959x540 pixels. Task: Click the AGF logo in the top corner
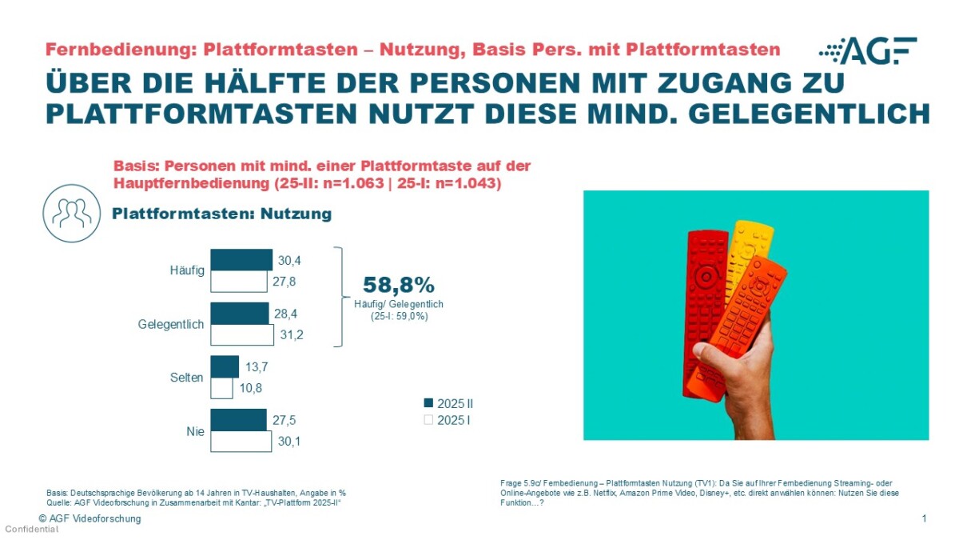pyautogui.click(x=868, y=50)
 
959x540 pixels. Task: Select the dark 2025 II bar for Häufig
pyautogui.click(x=241, y=260)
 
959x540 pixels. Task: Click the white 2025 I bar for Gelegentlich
pyautogui.click(x=241, y=334)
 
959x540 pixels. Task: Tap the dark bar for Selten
pyautogui.click(x=225, y=366)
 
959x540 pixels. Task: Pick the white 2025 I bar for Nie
pyautogui.click(x=241, y=441)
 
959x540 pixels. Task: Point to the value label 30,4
pyautogui.click(x=290, y=260)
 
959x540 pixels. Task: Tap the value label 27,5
pyautogui.click(x=285, y=420)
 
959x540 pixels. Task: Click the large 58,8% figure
pyautogui.click(x=398, y=285)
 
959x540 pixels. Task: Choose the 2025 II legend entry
pyautogui.click(x=448, y=403)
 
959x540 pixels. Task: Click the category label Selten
pyautogui.click(x=188, y=378)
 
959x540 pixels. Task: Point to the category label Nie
pyautogui.click(x=194, y=431)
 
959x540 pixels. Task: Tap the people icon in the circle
pyautogui.click(x=72, y=212)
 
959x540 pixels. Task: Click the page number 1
pyautogui.click(x=924, y=519)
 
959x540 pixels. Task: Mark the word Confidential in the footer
pyautogui.click(x=32, y=530)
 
